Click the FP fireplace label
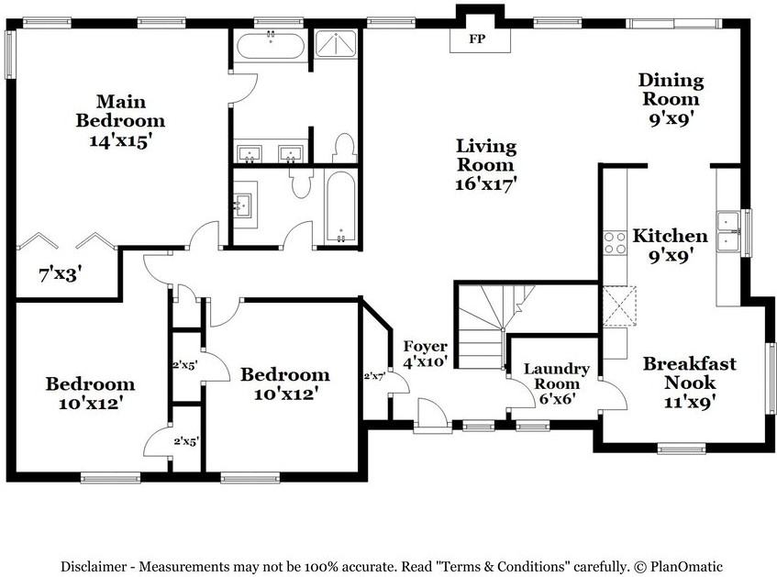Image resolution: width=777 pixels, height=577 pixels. (x=476, y=39)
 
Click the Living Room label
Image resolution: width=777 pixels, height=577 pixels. (x=486, y=156)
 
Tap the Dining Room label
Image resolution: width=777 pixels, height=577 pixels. (x=671, y=90)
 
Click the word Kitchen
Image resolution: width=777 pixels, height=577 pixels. (x=670, y=236)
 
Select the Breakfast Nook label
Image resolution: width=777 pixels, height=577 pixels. (x=689, y=372)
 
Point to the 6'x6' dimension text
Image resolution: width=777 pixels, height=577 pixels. (x=556, y=399)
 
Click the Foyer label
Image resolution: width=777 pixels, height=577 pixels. (x=426, y=347)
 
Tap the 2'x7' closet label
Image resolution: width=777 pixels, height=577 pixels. (x=374, y=376)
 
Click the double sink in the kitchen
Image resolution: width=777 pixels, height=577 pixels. (x=729, y=230)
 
